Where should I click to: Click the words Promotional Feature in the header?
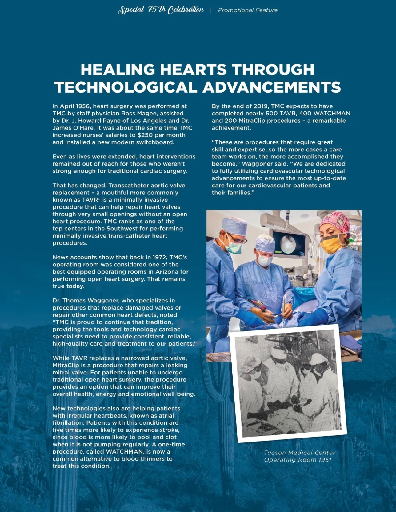247,10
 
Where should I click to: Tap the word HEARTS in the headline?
193,70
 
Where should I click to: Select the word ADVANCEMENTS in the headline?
271,87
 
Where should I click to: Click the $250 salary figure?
145,135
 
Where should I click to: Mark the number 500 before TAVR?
272,113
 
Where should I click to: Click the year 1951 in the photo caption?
325,460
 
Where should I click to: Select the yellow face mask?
331,245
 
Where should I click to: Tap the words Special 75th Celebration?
161,10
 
